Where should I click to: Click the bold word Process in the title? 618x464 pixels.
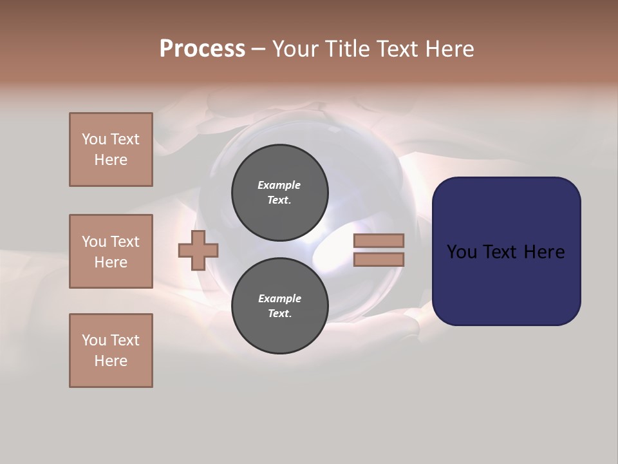point(202,49)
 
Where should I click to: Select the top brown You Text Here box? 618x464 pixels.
point(111,150)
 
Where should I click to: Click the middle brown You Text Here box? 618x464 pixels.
point(111,251)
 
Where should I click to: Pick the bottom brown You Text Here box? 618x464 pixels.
point(111,351)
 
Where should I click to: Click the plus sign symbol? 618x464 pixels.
point(198,250)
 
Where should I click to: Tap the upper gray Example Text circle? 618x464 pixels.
point(280,192)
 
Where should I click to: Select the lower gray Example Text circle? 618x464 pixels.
point(280,305)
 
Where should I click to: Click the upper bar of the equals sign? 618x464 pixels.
point(379,241)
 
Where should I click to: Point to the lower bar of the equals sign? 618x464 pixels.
point(379,260)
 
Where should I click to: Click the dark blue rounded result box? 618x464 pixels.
point(506,251)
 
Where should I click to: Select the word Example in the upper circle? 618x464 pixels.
point(279,185)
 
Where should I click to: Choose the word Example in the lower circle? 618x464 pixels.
point(279,298)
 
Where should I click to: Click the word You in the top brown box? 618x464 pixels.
point(94,139)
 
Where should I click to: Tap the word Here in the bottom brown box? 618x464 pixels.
point(111,361)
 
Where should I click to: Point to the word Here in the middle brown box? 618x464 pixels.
point(111,262)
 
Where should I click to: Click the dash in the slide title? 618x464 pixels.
point(258,49)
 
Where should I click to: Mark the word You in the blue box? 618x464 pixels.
point(462,252)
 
